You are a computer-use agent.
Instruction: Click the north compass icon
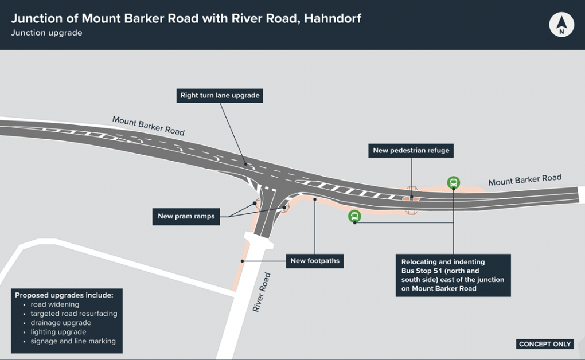coord(561,25)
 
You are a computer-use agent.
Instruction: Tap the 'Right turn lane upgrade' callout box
coord(220,96)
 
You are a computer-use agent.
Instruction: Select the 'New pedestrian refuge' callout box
coord(411,151)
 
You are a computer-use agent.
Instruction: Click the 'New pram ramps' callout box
coord(186,217)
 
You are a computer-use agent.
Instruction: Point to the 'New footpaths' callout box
coord(315,261)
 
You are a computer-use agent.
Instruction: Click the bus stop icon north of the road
coord(453,183)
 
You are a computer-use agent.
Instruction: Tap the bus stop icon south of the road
coord(355,216)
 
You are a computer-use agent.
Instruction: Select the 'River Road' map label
coord(262,292)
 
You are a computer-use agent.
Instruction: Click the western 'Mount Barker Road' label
coord(149,126)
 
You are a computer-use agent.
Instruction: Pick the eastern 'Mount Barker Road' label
coord(525,180)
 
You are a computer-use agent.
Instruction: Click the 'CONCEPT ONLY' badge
coord(545,344)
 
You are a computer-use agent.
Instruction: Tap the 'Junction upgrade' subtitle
coord(46,33)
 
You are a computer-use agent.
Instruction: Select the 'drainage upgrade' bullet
coord(61,323)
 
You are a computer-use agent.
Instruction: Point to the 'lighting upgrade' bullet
coord(58,332)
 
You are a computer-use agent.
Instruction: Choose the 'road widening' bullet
coord(55,304)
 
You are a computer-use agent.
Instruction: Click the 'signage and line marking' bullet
coord(73,341)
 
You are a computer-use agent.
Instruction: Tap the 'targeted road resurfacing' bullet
coord(74,314)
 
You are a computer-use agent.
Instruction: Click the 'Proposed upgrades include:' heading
coord(64,295)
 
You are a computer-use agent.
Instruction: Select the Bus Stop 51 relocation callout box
coord(453,275)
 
